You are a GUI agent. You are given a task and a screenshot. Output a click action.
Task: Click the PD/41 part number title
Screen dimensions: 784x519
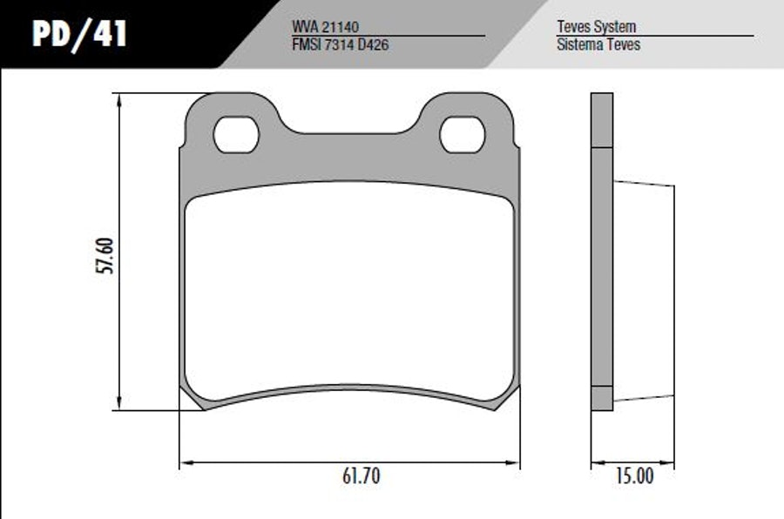pyautogui.click(x=79, y=35)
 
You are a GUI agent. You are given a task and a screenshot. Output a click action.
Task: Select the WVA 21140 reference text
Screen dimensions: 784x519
pyautogui.click(x=326, y=26)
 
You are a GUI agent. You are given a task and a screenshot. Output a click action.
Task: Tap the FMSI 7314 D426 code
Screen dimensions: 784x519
pyautogui.click(x=340, y=44)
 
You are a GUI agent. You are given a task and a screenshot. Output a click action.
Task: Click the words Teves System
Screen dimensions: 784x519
pyautogui.click(x=597, y=26)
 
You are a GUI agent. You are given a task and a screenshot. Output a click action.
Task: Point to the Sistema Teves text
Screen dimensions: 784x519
pyautogui.click(x=598, y=44)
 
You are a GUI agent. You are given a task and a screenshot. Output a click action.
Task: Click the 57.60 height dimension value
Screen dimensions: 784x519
pyautogui.click(x=105, y=255)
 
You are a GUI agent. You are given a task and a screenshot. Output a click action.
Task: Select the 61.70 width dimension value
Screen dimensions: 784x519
pyautogui.click(x=361, y=475)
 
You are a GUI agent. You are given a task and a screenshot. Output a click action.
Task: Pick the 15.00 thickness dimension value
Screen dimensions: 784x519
pyautogui.click(x=634, y=475)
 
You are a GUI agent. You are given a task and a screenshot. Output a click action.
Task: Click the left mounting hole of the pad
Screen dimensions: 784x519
pyautogui.click(x=236, y=134)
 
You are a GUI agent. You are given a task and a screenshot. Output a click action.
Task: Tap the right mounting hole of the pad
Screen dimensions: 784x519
pyautogui.click(x=463, y=134)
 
